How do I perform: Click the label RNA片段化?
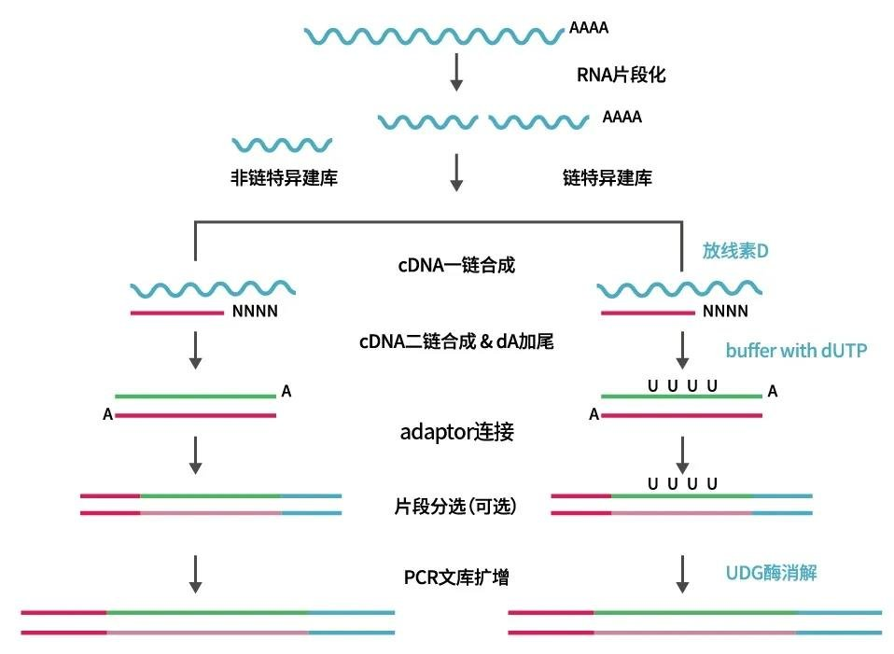pyautogui.click(x=621, y=75)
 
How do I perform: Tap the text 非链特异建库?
pyautogui.click(x=284, y=177)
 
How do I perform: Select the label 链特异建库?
pyautogui.click(x=608, y=177)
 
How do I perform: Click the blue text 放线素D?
pyautogui.click(x=735, y=250)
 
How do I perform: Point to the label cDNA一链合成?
pyautogui.click(x=456, y=265)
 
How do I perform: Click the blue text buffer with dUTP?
pyautogui.click(x=796, y=350)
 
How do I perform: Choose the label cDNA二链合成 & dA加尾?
pyautogui.click(x=456, y=341)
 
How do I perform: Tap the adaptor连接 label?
pyautogui.click(x=456, y=432)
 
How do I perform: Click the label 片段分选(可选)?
pyautogui.click(x=455, y=506)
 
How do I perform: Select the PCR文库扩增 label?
pyautogui.click(x=456, y=577)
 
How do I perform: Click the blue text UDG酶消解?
pyautogui.click(x=771, y=573)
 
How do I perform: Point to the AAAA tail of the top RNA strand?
pyautogui.click(x=589, y=27)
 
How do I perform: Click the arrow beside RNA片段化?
pyautogui.click(x=456, y=73)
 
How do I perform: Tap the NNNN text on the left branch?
pyautogui.click(x=255, y=312)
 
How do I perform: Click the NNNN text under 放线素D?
pyautogui.click(x=725, y=312)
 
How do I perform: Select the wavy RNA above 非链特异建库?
pyautogui.click(x=282, y=145)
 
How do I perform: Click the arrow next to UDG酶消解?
pyautogui.click(x=682, y=575)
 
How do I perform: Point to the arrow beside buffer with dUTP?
pyautogui.click(x=682, y=350)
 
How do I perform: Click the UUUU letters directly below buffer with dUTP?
pyautogui.click(x=682, y=386)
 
